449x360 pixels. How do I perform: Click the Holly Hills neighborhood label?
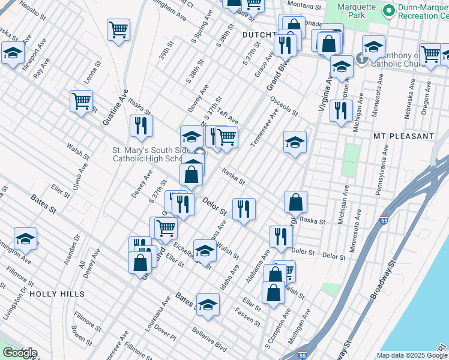[x=56, y=294]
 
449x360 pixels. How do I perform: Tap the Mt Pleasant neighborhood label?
[x=403, y=136]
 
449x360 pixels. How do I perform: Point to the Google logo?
[x=20, y=353]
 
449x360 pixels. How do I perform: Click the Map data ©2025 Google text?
[x=412, y=355]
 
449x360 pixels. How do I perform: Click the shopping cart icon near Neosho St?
[x=119, y=30]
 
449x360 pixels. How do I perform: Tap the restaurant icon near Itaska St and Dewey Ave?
[x=141, y=126]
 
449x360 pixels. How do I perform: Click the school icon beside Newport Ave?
[x=13, y=53]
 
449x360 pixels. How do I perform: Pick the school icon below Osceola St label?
[x=295, y=143]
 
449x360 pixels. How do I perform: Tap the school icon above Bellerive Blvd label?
[x=208, y=305]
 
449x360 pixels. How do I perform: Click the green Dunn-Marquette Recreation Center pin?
[x=388, y=10]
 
